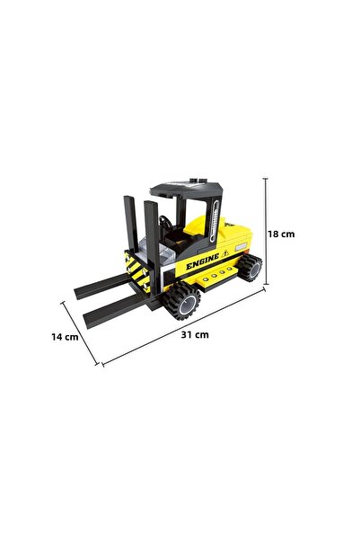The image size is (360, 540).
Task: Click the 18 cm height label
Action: click(x=282, y=234)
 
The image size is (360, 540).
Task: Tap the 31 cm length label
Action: click(x=196, y=334)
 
